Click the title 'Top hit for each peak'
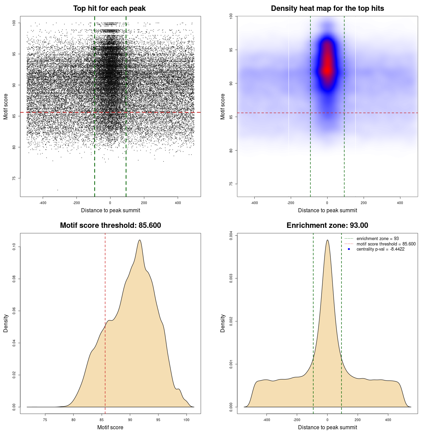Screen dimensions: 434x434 (109, 8)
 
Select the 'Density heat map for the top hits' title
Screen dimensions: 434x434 (327, 8)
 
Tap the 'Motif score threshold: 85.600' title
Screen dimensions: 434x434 (110, 225)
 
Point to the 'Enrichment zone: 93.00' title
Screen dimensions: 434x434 (327, 225)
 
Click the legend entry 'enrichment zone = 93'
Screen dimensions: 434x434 (377, 239)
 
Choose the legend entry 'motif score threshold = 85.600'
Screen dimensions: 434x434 (386, 244)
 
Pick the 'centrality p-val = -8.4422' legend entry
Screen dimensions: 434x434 (380, 249)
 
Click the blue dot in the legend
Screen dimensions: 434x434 (349, 249)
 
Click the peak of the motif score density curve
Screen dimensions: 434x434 (139, 240)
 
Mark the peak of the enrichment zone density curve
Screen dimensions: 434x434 (327, 240)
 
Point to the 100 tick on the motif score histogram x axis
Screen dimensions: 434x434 (186, 420)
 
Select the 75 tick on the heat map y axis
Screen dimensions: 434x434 (231, 184)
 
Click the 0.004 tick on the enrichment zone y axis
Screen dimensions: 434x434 (231, 236)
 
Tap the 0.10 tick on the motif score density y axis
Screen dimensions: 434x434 (14, 247)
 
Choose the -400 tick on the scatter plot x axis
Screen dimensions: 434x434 (43, 203)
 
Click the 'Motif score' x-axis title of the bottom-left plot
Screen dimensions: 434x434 (110, 427)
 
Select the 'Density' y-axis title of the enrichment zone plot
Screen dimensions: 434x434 (223, 323)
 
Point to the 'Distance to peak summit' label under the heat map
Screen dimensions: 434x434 (327, 210)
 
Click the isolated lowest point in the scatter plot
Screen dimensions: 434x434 (57, 190)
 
